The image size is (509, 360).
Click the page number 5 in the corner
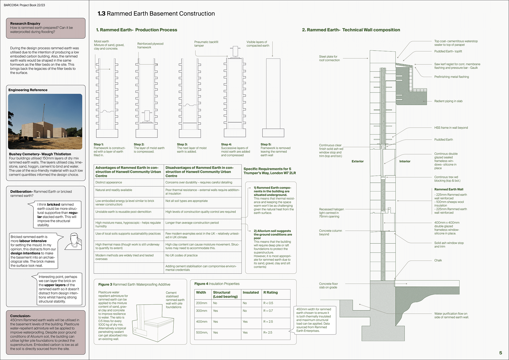point(501,353)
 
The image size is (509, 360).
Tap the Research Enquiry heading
point(25,24)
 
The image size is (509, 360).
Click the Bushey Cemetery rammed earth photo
point(45,122)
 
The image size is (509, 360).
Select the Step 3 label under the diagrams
point(182,144)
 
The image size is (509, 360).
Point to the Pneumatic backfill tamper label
point(206,44)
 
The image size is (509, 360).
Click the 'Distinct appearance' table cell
point(109,182)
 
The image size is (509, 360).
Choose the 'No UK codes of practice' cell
point(181,255)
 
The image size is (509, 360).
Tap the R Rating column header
point(270,292)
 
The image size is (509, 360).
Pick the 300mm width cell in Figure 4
point(201,311)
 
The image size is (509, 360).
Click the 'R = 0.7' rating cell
point(268,311)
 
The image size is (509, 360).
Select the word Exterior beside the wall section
point(357,161)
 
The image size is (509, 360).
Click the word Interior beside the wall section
point(405,161)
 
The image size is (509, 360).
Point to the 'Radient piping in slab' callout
point(448,101)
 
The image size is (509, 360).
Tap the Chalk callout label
point(438,260)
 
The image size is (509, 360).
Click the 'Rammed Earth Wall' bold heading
point(449,189)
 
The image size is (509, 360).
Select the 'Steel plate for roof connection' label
point(329,58)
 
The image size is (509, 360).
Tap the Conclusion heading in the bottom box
point(20,316)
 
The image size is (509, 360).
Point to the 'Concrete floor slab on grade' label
point(328,286)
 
